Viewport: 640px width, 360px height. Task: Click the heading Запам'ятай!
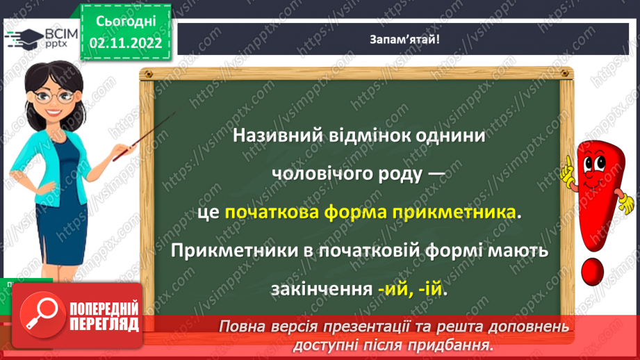click(x=404, y=40)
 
